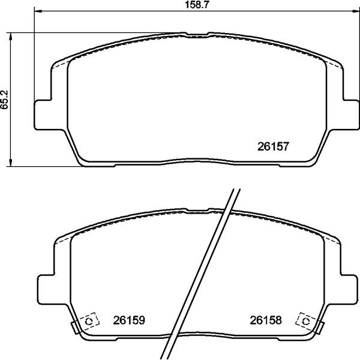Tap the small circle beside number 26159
89,322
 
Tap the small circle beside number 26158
305,322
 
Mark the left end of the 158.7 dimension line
35,11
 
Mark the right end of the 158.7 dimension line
352,11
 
